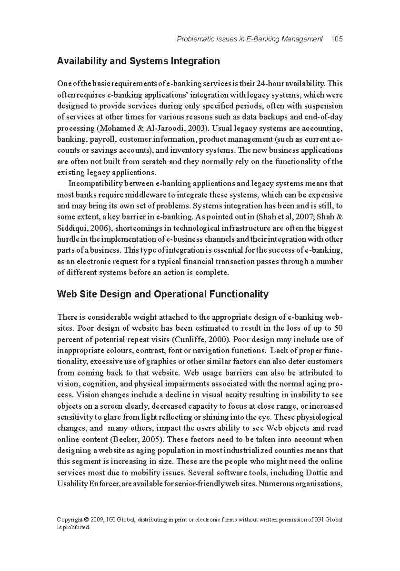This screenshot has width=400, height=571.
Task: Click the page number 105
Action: click(337, 39)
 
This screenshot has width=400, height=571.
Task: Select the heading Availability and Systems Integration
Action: click(138, 61)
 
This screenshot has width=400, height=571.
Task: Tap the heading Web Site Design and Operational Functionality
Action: click(162, 294)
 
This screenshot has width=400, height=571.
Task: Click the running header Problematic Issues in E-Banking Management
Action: click(250, 39)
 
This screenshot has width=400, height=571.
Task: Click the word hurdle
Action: click(68, 239)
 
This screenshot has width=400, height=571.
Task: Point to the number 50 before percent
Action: click(338, 328)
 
